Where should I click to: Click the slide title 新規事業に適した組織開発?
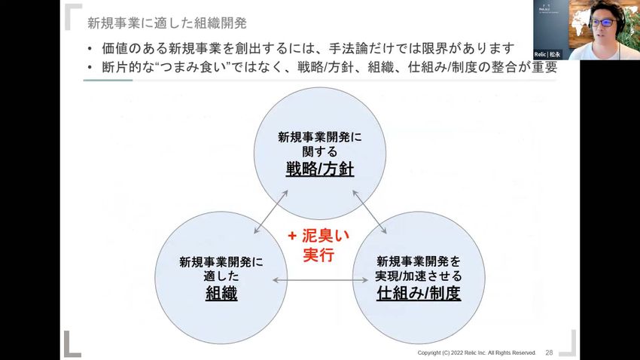(167, 23)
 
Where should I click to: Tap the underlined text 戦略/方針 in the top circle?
(319, 169)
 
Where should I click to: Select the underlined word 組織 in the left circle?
(221, 293)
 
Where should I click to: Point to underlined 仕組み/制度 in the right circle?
(419, 293)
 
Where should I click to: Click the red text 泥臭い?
(326, 236)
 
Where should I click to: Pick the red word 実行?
(318, 255)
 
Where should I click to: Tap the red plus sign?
(292, 236)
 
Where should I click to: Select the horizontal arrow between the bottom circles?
(320, 280)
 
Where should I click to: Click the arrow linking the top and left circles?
(270, 212)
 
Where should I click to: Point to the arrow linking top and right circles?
(370, 212)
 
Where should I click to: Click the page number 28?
(549, 352)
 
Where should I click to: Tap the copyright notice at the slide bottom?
(477, 352)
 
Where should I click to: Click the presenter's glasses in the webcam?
(603, 23)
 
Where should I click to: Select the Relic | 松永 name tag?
(547, 54)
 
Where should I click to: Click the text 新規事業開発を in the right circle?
(419, 261)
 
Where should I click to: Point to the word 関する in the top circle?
(319, 152)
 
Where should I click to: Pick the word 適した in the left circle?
(221, 276)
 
